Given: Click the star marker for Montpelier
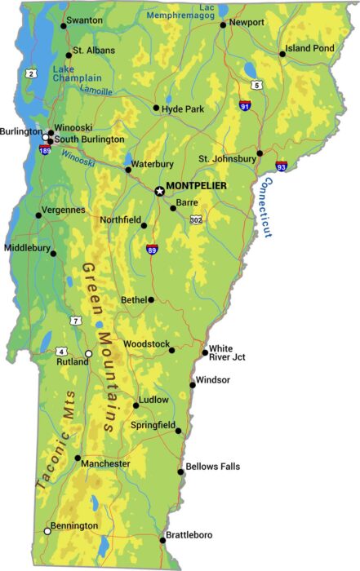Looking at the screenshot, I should pyautogui.click(x=159, y=191).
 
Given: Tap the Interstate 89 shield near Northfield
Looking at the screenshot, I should pyautogui.click(x=152, y=249).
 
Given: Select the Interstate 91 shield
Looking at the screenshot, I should pyautogui.click(x=245, y=106).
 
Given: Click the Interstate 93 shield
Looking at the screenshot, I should pyautogui.click(x=281, y=166).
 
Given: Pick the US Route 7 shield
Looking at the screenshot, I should pyautogui.click(x=76, y=321).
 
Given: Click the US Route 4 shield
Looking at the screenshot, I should pyautogui.click(x=61, y=352).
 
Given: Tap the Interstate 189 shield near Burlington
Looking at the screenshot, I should pyautogui.click(x=43, y=150).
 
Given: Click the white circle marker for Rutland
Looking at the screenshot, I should pyautogui.click(x=89, y=354).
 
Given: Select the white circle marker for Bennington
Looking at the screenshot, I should pyautogui.click(x=47, y=531).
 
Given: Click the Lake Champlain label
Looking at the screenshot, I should pyautogui.click(x=77, y=73).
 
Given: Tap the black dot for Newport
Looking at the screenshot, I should pyautogui.click(x=223, y=24).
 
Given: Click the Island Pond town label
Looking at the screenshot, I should pyautogui.click(x=309, y=49).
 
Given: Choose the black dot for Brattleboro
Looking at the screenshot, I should pyautogui.click(x=162, y=540).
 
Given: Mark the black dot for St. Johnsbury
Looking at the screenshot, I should pyautogui.click(x=260, y=153).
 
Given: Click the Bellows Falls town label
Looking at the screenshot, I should pyautogui.click(x=213, y=467).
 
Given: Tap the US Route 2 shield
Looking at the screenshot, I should pyautogui.click(x=31, y=73).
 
